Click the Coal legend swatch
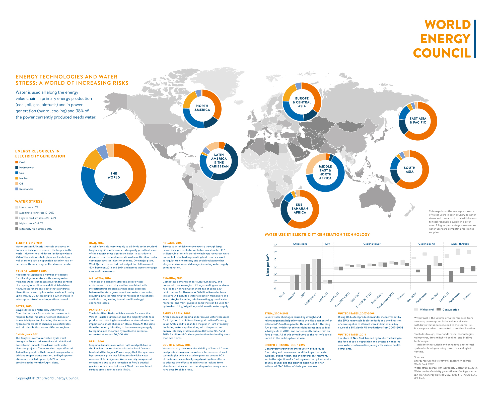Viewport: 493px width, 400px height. [17, 162]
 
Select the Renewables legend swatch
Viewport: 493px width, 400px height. [17, 189]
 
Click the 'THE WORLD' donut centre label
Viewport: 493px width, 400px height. [114, 175]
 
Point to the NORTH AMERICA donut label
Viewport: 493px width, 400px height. [202, 108]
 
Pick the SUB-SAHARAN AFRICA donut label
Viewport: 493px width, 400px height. [300, 209]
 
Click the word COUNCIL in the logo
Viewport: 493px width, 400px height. [442, 53]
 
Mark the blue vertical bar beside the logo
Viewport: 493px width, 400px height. [475, 39]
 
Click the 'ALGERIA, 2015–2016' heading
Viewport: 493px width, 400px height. [29, 243]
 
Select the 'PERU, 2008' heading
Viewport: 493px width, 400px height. [97, 341]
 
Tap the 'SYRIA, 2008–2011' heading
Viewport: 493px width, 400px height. [276, 314]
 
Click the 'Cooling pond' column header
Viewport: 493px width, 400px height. [427, 244]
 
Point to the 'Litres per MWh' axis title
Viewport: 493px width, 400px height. [268, 265]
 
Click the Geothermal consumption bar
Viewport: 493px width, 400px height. [319, 274]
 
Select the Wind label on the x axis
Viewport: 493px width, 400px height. [282, 295]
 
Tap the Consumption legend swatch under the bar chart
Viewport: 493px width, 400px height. [439, 310]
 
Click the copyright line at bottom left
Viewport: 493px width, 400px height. [47, 378]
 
